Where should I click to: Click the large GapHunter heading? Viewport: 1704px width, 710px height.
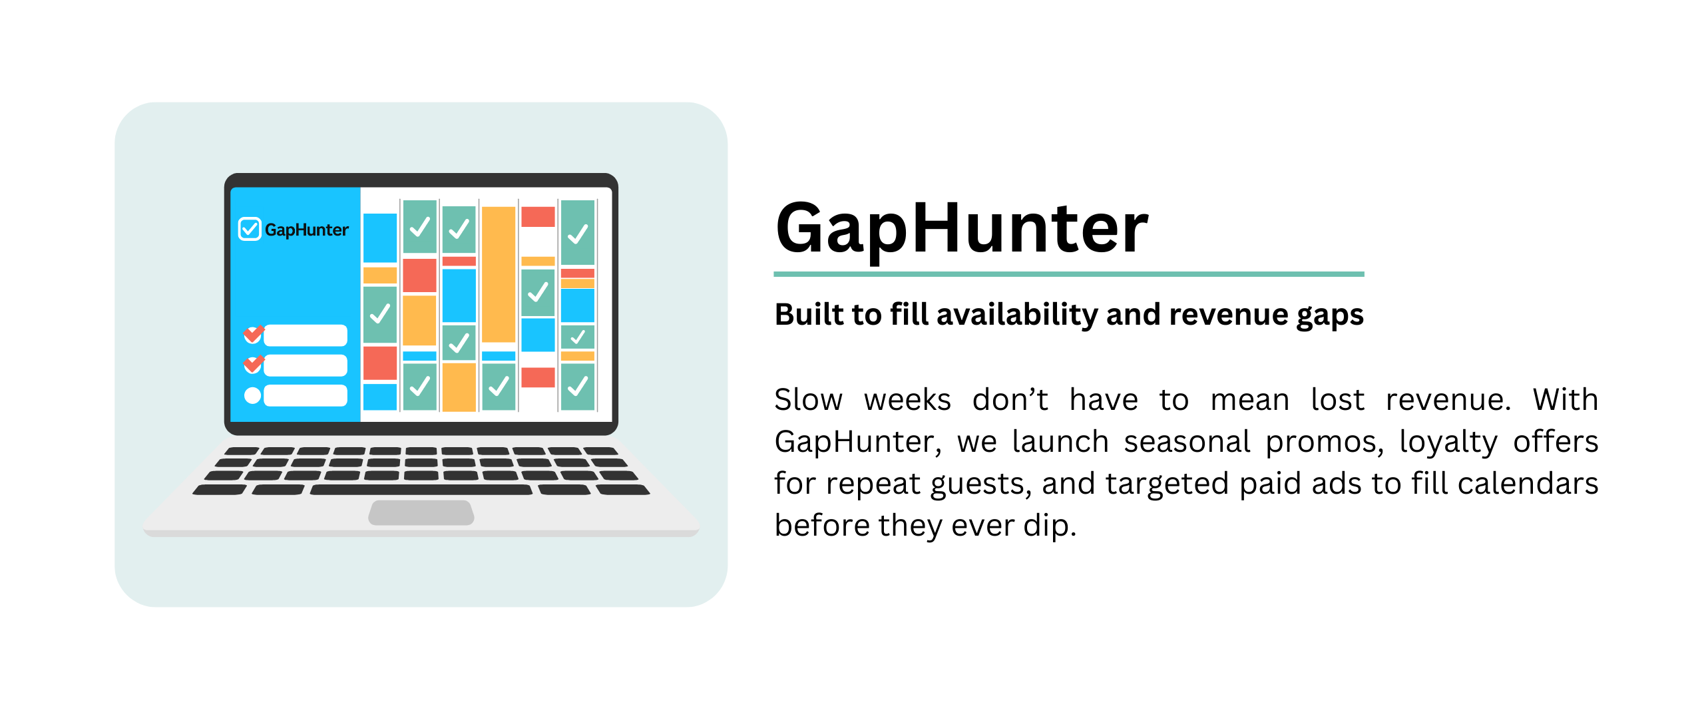(962, 229)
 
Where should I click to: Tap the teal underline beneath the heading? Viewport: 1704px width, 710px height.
(1069, 273)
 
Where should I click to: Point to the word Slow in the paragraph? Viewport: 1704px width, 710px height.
(808, 400)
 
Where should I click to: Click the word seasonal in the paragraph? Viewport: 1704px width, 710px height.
(1187, 442)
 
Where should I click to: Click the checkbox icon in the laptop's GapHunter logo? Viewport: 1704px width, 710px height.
(250, 229)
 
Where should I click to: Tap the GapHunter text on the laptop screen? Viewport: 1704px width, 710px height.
(306, 230)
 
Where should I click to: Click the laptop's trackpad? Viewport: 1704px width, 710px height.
(421, 513)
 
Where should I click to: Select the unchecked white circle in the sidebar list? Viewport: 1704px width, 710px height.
(253, 396)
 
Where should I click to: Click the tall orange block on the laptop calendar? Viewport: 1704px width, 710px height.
(499, 274)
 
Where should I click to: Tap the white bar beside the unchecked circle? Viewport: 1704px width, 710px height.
(306, 396)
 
